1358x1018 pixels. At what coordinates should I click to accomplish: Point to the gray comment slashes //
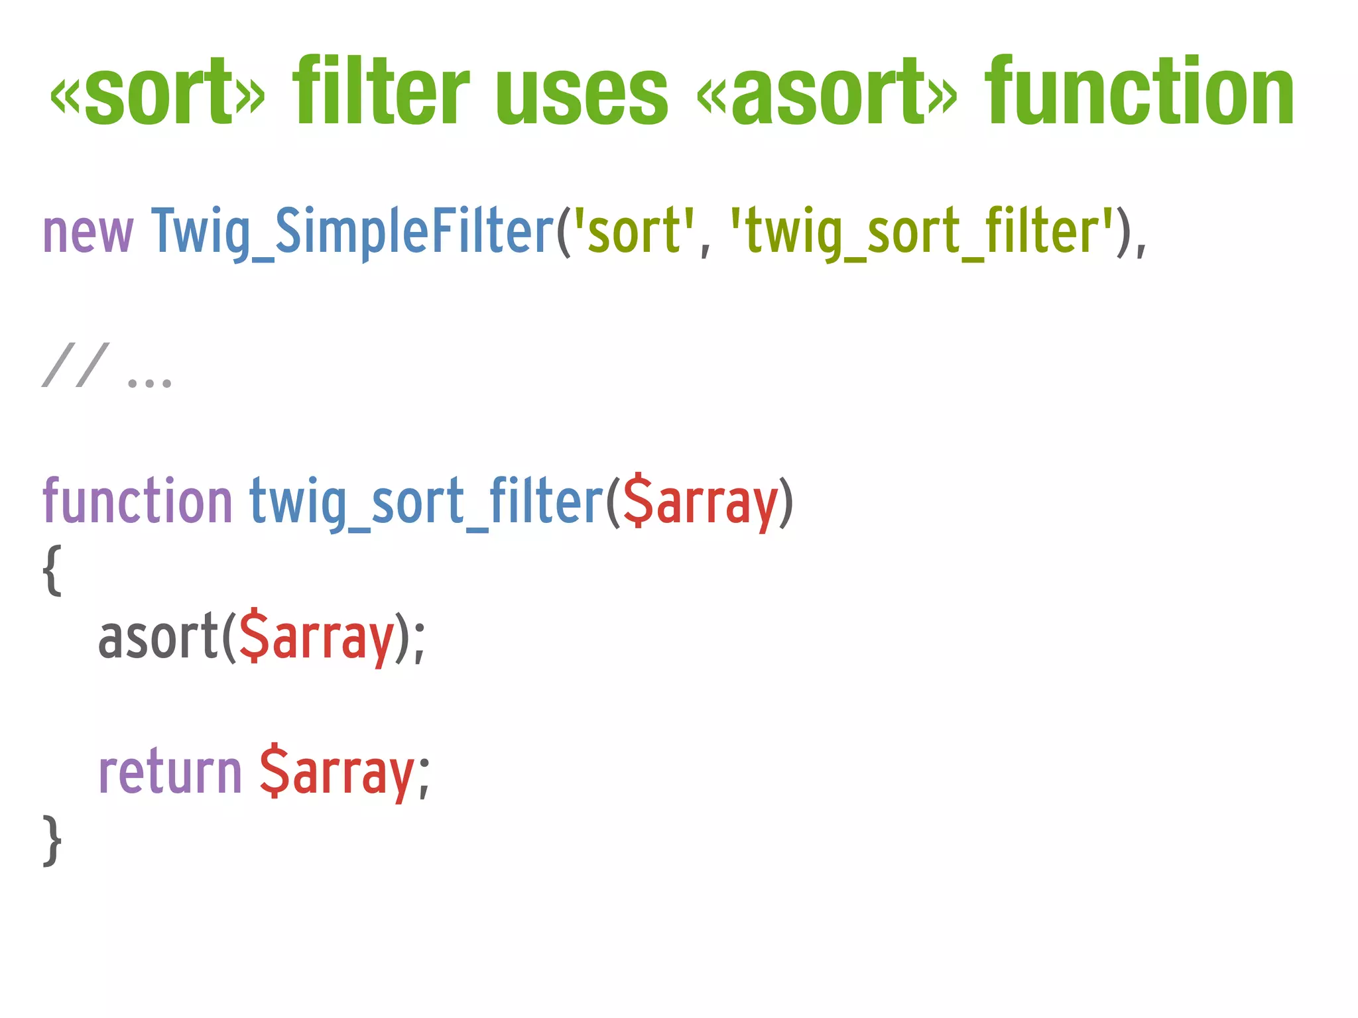click(x=75, y=365)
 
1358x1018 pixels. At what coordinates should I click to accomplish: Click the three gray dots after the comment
click(x=149, y=382)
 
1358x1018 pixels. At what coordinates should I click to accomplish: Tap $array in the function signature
click(x=700, y=504)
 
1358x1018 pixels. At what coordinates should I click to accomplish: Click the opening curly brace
click(x=52, y=570)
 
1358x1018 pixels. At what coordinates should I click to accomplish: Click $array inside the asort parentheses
click(x=316, y=639)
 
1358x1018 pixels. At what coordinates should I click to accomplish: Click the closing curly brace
click(x=52, y=840)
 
